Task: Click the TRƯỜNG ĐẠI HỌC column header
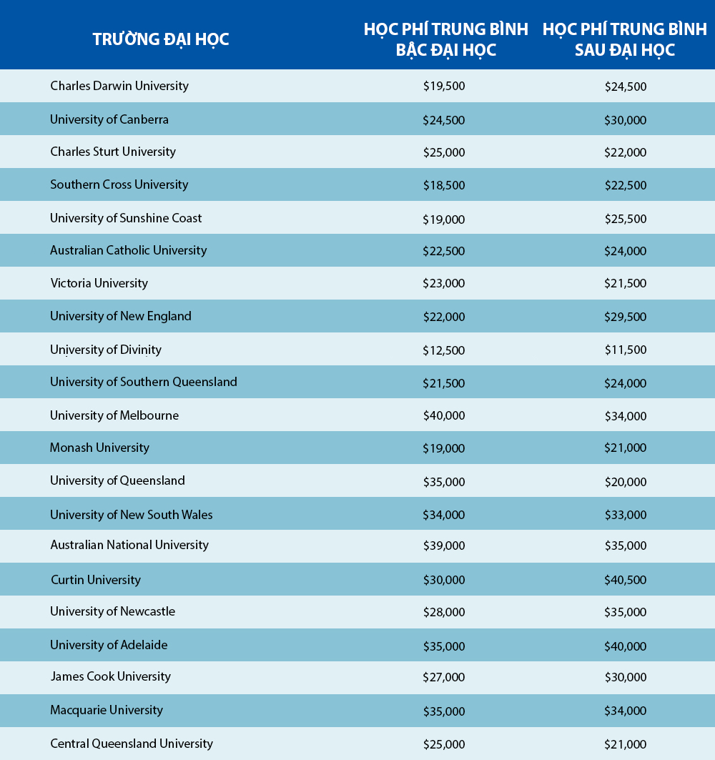[161, 39]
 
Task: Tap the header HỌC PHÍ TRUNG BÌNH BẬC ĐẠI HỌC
[445, 39]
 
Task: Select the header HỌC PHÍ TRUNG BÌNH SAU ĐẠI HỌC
[625, 39]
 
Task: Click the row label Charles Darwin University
[119, 86]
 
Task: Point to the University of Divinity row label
[106, 350]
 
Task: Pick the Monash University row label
[99, 448]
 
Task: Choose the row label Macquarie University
[107, 710]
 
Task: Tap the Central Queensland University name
[132, 744]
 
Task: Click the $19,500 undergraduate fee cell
[443, 87]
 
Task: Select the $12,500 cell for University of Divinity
[443, 350]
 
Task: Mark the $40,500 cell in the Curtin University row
[625, 580]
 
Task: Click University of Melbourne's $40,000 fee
[443, 416]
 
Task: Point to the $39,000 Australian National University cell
[443, 546]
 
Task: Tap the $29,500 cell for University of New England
[625, 317]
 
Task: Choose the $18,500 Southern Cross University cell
[443, 185]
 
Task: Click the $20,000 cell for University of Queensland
[625, 481]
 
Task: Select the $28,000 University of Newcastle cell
[443, 612]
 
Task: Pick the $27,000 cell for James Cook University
[443, 677]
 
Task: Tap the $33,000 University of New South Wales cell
[625, 515]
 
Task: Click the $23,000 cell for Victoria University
[443, 283]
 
